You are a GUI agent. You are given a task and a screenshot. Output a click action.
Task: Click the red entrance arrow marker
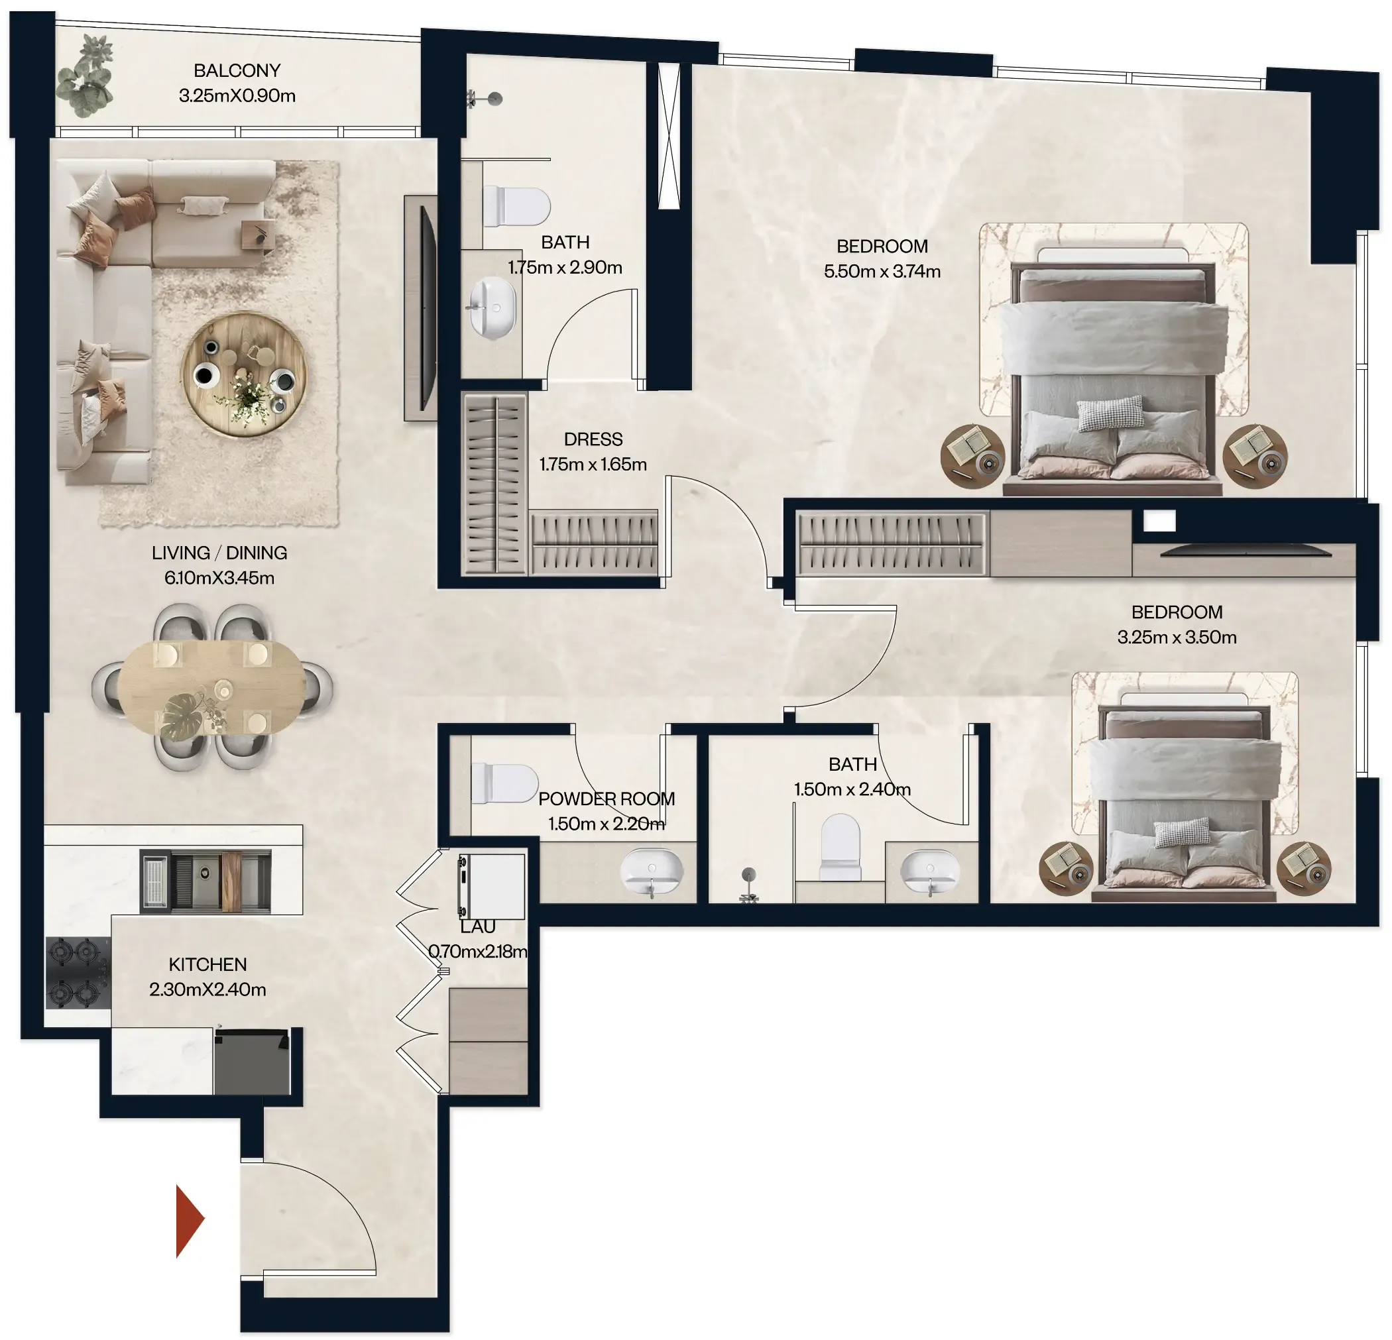189,1220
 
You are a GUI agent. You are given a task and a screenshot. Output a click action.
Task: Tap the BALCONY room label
237,70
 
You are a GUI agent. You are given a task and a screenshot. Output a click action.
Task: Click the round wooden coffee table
244,374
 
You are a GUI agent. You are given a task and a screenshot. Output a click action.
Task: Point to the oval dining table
211,687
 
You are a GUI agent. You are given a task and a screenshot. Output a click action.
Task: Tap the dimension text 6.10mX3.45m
219,578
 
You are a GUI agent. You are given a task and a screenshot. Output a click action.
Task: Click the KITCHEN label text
207,964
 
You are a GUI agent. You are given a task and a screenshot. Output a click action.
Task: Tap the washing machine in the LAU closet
491,886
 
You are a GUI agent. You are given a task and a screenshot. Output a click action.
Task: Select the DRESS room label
593,439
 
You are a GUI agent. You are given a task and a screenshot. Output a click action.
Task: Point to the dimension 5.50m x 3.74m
882,271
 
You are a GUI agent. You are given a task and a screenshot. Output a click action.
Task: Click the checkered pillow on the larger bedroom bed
1111,414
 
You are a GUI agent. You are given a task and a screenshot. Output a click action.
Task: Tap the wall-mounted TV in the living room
427,307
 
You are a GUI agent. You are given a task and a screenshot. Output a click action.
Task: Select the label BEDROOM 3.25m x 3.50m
1177,624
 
